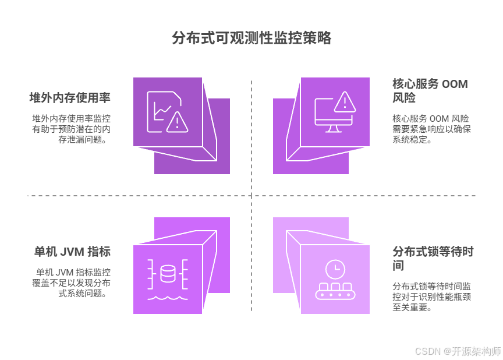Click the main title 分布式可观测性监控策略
pos(251,38)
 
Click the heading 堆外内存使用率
pos(70,97)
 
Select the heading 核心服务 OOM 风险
pos(430,90)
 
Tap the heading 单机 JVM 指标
pos(73,252)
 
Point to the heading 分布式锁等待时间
pos(433,258)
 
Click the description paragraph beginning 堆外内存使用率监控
pos(71,129)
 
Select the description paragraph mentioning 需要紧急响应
pos(431,129)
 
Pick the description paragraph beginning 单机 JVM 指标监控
pos(71,283)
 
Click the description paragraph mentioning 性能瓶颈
pos(431,297)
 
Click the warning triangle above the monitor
pos(345,102)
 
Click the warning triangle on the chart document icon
pos(177,122)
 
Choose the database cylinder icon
pos(168,274)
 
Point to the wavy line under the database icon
pos(168,298)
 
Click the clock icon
pos(335,269)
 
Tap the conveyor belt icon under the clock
pos(335,291)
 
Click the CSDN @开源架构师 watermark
pos(458,351)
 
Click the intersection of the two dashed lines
pos(251,195)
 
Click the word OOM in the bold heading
pos(455,84)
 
